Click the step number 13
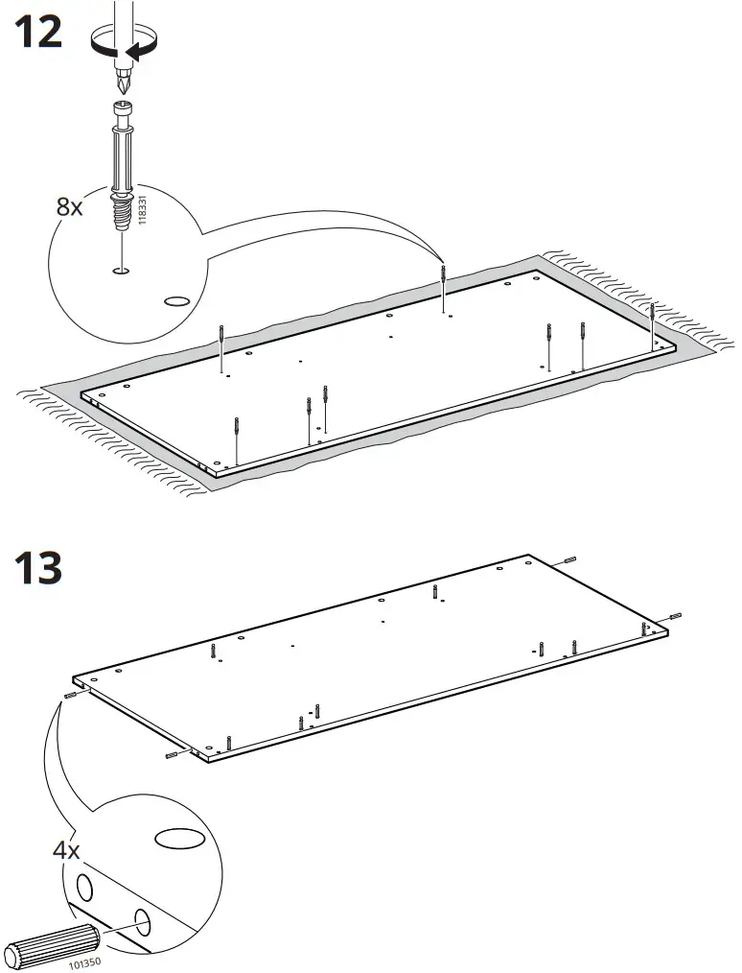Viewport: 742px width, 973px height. click(x=38, y=568)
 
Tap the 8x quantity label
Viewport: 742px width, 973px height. click(x=70, y=206)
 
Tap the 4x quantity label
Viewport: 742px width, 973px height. click(x=66, y=850)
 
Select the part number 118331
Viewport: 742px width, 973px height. click(x=143, y=210)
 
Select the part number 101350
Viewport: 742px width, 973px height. click(x=84, y=960)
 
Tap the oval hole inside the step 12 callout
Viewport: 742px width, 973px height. click(x=177, y=300)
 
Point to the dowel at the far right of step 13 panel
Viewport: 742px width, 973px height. click(x=675, y=614)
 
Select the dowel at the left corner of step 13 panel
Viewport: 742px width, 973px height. click(x=71, y=694)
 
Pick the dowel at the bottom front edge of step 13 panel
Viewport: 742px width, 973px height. click(x=174, y=756)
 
